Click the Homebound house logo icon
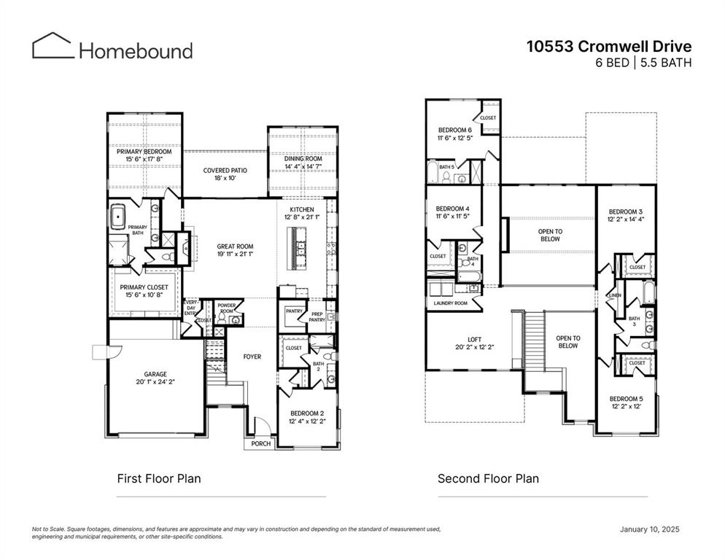(52, 45)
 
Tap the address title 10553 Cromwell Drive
(609, 47)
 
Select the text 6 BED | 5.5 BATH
(643, 63)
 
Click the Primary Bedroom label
(144, 152)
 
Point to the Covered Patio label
(225, 171)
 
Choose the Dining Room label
(303, 159)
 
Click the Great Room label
(235, 246)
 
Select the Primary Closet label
(144, 287)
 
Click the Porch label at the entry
(260, 443)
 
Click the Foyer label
(252, 357)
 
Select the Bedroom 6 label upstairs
(454, 130)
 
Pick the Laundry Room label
(450, 303)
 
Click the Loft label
(474, 339)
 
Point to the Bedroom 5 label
(627, 398)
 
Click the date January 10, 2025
(649, 529)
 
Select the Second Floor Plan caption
(488, 479)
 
